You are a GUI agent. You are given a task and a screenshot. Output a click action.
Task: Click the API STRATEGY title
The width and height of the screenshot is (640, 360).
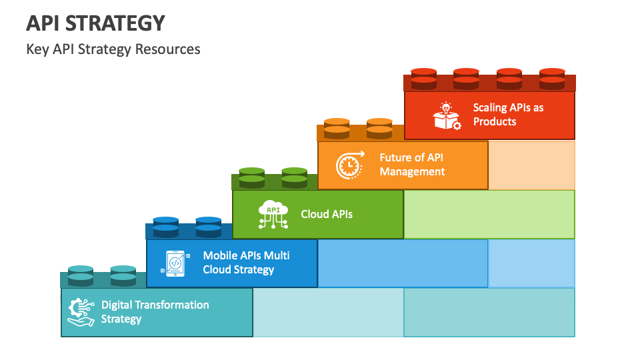(x=95, y=23)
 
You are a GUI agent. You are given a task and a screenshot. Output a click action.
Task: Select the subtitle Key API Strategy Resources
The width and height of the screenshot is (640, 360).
(x=113, y=49)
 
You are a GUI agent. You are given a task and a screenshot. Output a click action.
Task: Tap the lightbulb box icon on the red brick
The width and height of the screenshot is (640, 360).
(x=447, y=116)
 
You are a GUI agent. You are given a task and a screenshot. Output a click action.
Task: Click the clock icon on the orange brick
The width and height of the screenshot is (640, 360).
(x=350, y=165)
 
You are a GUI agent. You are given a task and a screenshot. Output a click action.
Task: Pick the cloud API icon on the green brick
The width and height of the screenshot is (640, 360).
(x=273, y=214)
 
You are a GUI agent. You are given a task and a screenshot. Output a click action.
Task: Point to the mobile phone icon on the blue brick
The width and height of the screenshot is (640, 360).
(x=175, y=263)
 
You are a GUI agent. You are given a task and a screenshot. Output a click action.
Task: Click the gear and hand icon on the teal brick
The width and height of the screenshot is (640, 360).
(x=81, y=312)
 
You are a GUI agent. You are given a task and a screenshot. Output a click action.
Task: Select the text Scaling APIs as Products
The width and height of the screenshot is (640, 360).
(x=508, y=115)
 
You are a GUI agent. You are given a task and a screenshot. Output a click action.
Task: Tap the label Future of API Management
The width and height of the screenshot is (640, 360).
(x=412, y=165)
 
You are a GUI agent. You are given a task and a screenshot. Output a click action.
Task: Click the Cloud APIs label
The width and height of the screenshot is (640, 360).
(x=327, y=214)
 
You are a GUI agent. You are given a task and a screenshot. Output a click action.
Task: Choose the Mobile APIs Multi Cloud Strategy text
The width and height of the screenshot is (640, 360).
(x=246, y=263)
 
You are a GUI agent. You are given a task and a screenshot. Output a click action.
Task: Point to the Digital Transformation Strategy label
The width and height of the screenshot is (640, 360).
(x=155, y=312)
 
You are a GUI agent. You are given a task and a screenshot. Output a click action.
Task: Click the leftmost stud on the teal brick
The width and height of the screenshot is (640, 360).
(x=81, y=275)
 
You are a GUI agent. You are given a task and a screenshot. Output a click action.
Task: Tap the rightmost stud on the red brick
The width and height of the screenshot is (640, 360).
(x=552, y=79)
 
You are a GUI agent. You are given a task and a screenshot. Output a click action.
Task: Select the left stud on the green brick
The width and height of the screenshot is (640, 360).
(x=252, y=177)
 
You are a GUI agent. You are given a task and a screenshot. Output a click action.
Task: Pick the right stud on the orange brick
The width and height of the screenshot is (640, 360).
(x=379, y=128)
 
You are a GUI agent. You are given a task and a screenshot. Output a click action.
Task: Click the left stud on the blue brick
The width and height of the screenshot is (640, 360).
(x=166, y=227)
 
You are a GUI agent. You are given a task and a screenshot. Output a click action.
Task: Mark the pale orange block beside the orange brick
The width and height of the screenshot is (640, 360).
(x=531, y=165)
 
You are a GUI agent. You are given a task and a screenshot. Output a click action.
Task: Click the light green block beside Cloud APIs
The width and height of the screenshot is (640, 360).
(x=489, y=214)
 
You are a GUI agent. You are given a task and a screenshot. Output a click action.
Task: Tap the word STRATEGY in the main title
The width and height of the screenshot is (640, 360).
(x=115, y=23)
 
